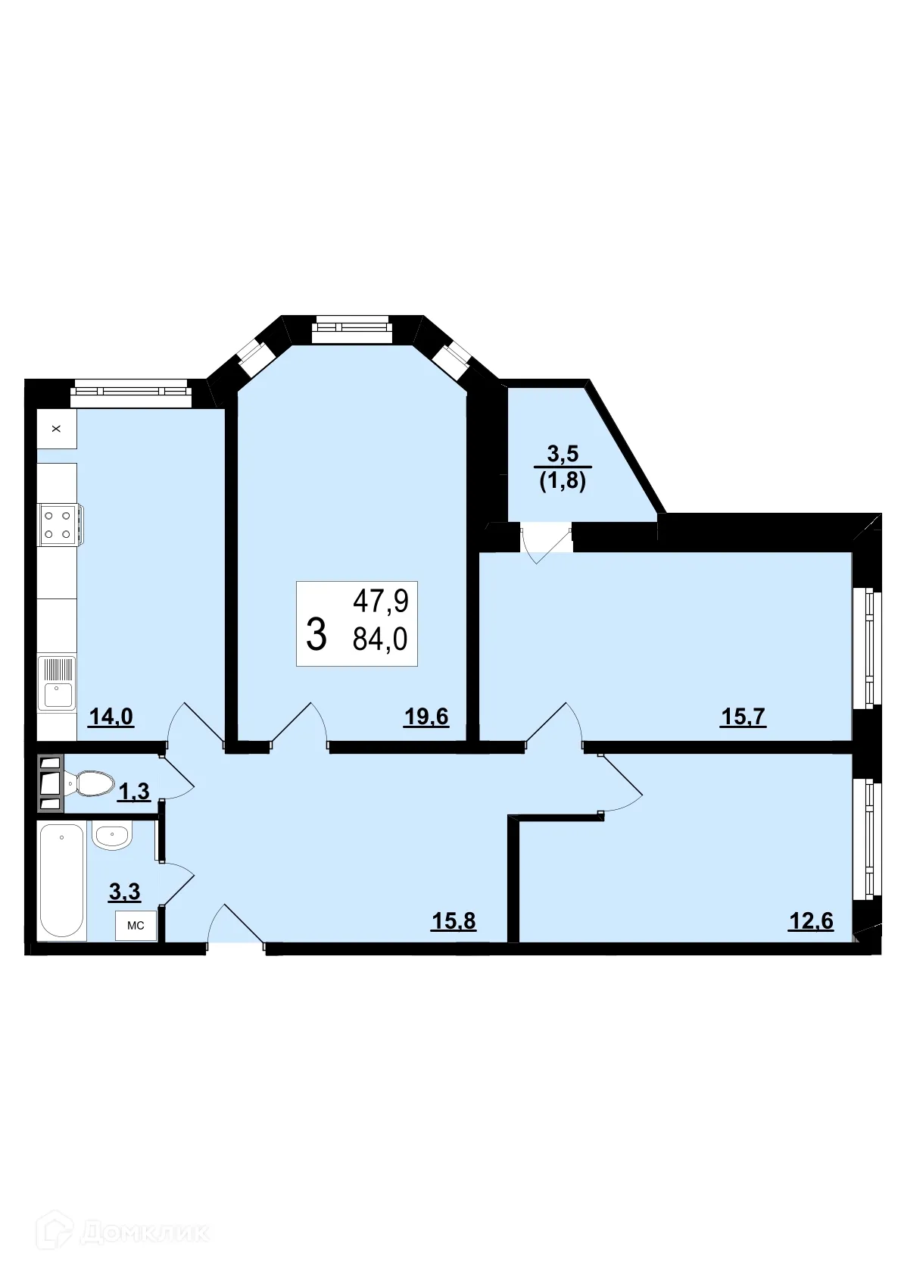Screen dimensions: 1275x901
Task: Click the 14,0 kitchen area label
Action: click(x=111, y=716)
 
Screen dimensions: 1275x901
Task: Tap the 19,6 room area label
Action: click(x=426, y=716)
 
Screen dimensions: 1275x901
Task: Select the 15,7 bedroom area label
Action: click(x=743, y=716)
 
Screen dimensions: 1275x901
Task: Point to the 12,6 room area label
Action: click(x=811, y=920)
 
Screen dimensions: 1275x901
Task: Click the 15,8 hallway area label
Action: click(x=454, y=920)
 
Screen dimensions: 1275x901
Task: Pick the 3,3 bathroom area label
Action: click(x=125, y=892)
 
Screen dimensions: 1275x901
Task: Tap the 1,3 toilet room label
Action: click(x=134, y=792)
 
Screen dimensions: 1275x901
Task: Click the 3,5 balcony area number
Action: click(x=563, y=454)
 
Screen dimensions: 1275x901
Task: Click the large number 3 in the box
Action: click(x=316, y=635)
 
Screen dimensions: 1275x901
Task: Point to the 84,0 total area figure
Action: click(x=380, y=639)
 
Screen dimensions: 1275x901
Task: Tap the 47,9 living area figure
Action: click(x=381, y=602)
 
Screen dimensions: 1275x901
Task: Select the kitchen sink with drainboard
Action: click(x=58, y=683)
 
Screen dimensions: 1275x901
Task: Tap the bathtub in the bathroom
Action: click(x=61, y=880)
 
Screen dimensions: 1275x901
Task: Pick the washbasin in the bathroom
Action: click(x=112, y=835)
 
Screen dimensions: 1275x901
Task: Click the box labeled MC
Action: click(x=136, y=925)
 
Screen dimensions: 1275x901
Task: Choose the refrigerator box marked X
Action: click(x=56, y=429)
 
